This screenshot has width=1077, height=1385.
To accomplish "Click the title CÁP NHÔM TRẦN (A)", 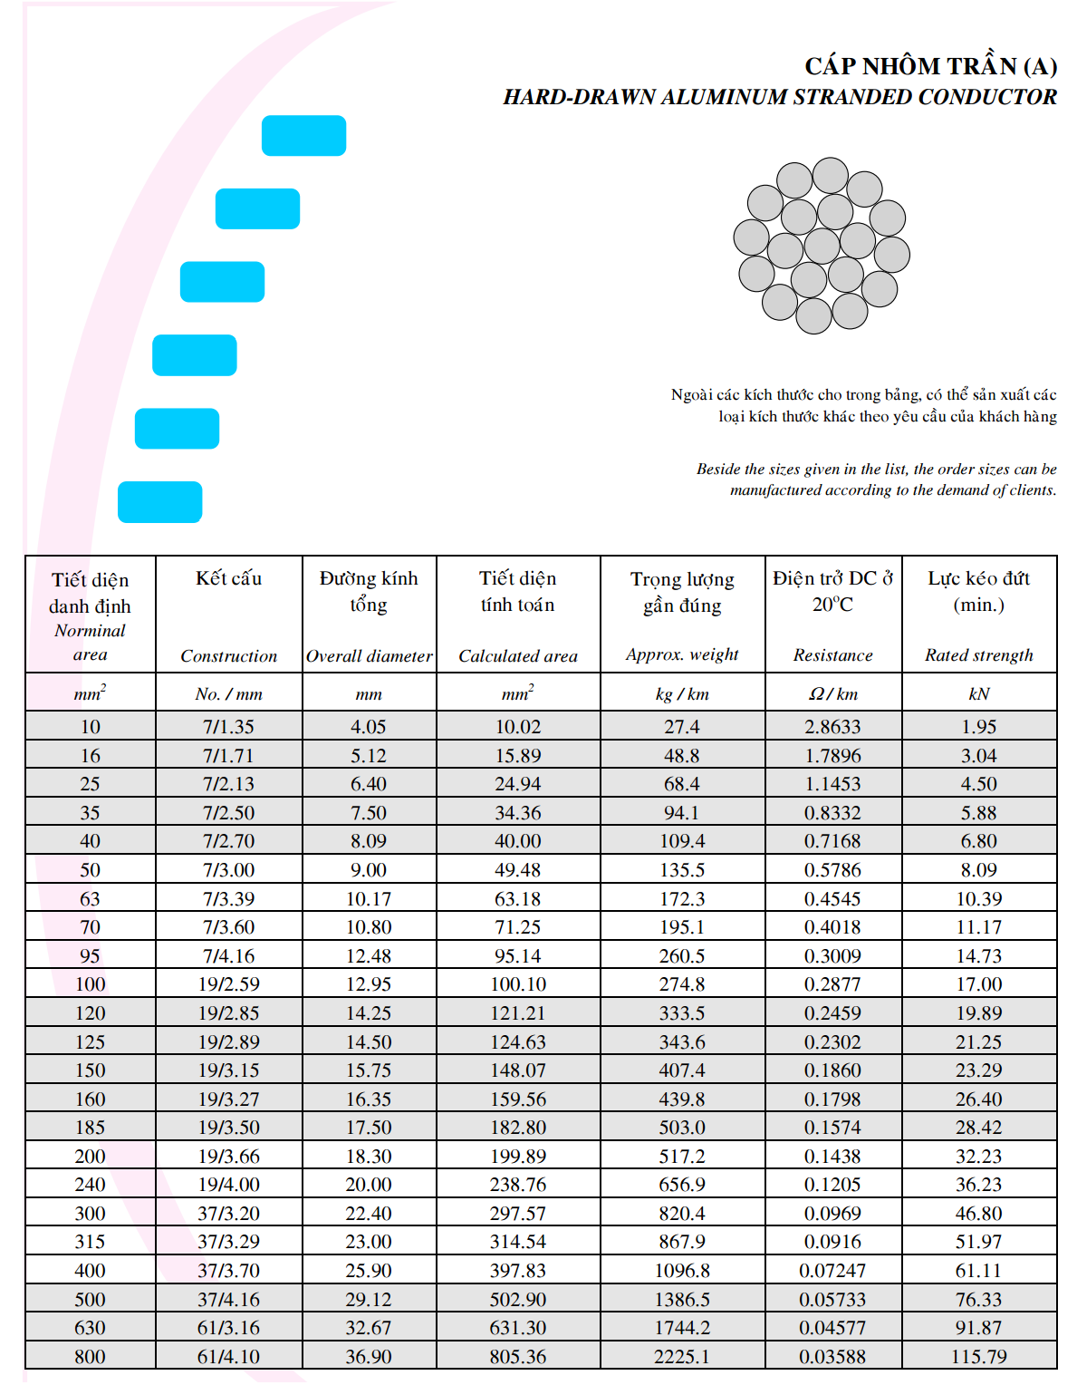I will click(x=930, y=66).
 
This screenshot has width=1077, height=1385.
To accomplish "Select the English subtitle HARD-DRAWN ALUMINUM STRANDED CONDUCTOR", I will click(x=780, y=97).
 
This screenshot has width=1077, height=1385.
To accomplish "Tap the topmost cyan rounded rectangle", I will click(x=303, y=136).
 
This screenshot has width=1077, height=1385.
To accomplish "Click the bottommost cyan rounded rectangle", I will click(x=159, y=502).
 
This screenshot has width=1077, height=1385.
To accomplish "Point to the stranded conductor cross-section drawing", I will click(x=822, y=246).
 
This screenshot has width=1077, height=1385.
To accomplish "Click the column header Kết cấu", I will click(x=228, y=578).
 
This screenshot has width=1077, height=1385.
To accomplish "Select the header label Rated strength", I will click(x=978, y=655).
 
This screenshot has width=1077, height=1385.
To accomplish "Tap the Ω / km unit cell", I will click(x=832, y=694).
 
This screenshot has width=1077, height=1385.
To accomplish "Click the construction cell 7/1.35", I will click(x=228, y=727).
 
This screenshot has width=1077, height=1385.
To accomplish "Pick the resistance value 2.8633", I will click(x=832, y=727).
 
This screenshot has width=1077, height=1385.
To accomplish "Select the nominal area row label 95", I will click(x=90, y=956).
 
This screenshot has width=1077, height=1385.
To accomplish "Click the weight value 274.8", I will click(x=682, y=984).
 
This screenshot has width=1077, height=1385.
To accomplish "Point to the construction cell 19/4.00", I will click(x=228, y=1185).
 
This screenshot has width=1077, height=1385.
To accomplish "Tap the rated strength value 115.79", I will click(x=978, y=1357).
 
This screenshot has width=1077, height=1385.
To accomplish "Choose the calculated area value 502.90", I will click(x=517, y=1300).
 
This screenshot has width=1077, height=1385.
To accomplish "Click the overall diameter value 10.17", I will click(x=369, y=899).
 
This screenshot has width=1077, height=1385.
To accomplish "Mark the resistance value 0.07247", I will click(x=832, y=1271).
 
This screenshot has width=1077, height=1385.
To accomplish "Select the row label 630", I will click(x=90, y=1328).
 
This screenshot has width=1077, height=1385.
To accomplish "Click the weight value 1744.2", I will click(x=682, y=1328).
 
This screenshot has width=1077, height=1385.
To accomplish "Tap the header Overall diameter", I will click(x=369, y=656).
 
